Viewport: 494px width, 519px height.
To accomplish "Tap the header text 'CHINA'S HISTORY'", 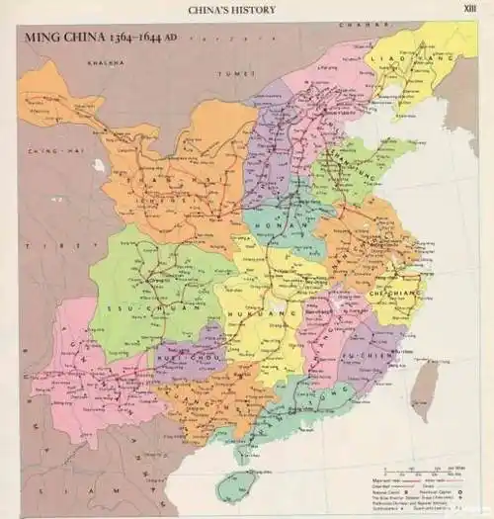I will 232,10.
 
